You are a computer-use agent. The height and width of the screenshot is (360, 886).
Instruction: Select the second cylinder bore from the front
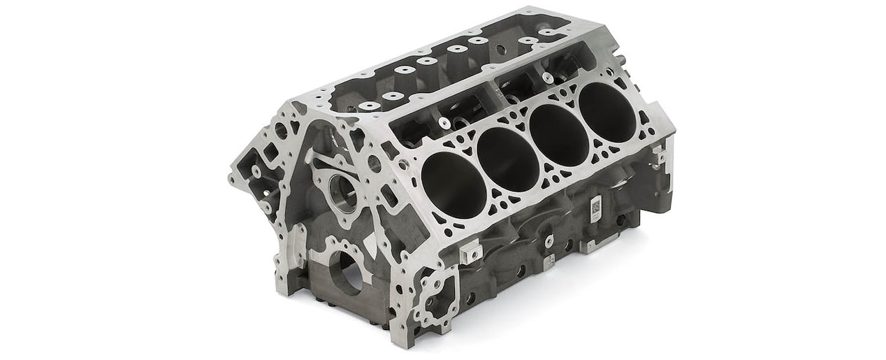pyautogui.click(x=507, y=159)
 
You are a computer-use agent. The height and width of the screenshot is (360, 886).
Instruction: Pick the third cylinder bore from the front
pyautogui.click(x=558, y=135)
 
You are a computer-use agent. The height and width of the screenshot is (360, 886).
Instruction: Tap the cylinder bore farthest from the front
pyautogui.click(x=607, y=112)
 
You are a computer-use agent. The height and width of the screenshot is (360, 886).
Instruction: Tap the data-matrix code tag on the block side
pyautogui.click(x=595, y=208)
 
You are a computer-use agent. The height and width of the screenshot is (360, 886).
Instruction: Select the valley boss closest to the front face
pyautogui.click(x=370, y=106)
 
